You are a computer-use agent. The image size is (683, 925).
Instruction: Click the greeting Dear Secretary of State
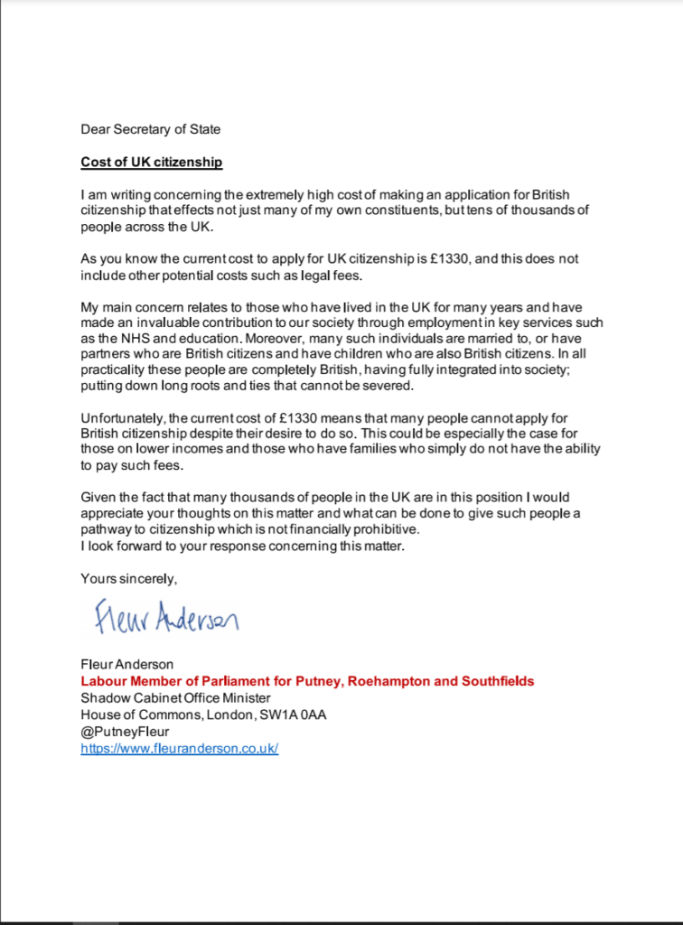[x=150, y=129]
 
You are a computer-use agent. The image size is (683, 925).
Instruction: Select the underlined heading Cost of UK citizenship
[x=152, y=163]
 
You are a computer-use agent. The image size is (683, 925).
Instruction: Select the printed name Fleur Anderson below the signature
[x=127, y=665]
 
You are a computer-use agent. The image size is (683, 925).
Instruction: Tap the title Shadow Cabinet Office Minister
[x=175, y=697]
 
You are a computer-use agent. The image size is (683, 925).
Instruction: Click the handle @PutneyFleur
[x=125, y=732]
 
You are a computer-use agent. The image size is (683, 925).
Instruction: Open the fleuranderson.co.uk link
[x=180, y=749]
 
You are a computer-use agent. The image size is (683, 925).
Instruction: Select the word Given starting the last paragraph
[x=98, y=498]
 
